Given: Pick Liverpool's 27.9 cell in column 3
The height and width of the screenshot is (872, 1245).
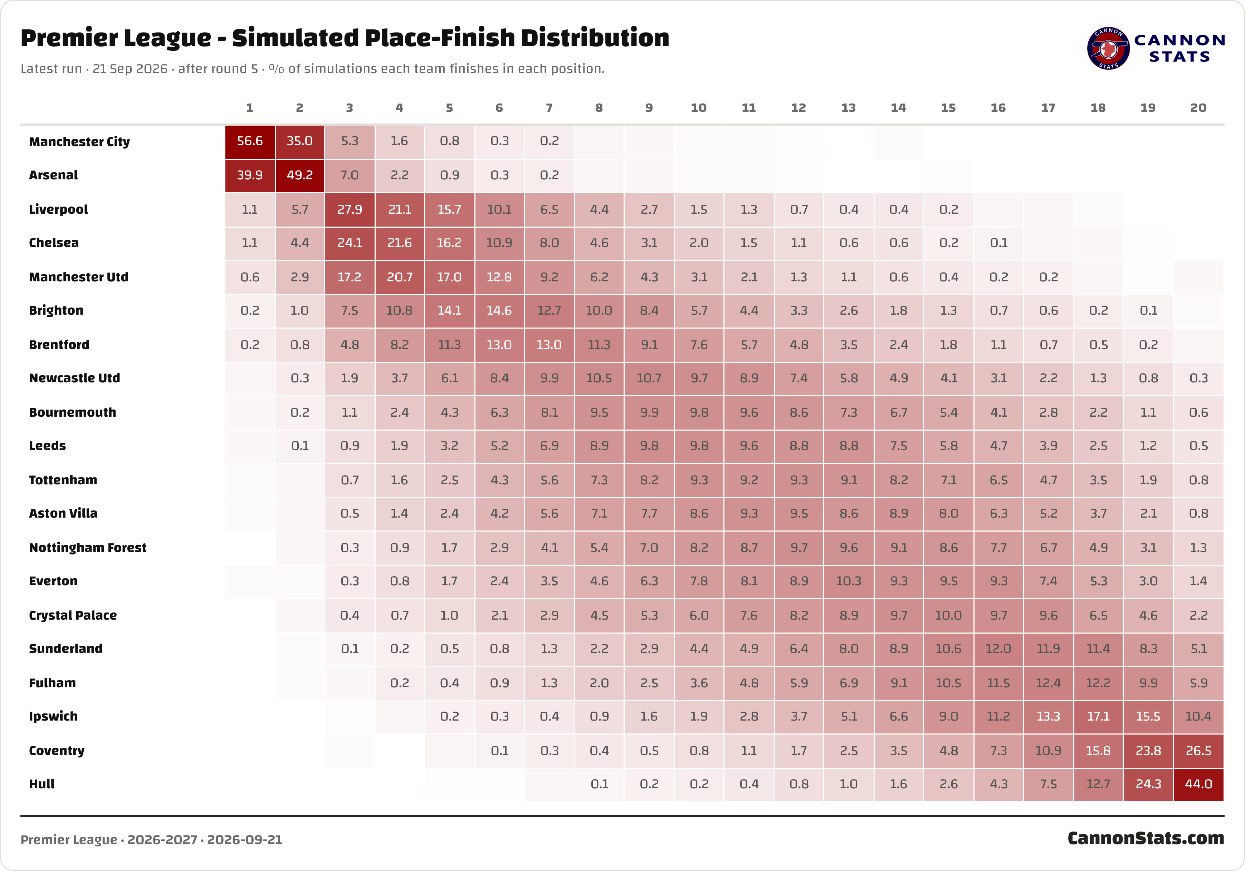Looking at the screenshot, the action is click(350, 209).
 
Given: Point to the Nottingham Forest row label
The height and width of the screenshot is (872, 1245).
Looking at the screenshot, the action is click(88, 548).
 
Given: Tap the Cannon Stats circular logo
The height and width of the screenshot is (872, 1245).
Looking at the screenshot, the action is click(1108, 48).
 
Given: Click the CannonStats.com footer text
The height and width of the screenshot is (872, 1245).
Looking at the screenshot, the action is click(1146, 838).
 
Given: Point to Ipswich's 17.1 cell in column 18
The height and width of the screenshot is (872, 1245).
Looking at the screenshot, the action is click(1098, 717).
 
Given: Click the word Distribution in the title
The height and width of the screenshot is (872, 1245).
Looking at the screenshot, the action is click(595, 38).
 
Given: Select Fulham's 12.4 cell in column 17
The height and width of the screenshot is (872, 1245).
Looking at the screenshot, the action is click(1048, 683).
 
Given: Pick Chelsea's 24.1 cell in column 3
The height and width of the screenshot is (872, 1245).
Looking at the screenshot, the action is click(350, 243).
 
